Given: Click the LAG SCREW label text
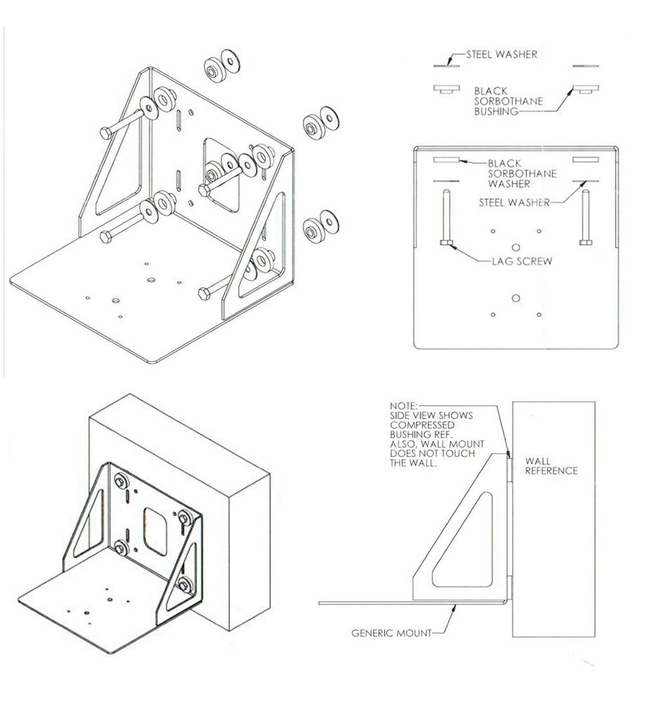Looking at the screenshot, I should pyautogui.click(x=517, y=261).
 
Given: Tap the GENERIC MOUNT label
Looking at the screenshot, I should pyautogui.click(x=391, y=634).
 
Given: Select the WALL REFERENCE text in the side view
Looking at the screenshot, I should pyautogui.click(x=551, y=466).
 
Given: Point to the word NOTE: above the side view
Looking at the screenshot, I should pyautogui.click(x=402, y=407).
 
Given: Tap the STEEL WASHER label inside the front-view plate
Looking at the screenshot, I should pyautogui.click(x=512, y=203).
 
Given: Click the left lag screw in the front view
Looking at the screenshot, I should pyautogui.click(x=446, y=217).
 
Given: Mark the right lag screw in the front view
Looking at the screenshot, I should pyautogui.click(x=585, y=217).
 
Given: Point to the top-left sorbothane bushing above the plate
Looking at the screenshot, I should pyautogui.click(x=446, y=89).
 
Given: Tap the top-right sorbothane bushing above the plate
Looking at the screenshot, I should pyautogui.click(x=585, y=89).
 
